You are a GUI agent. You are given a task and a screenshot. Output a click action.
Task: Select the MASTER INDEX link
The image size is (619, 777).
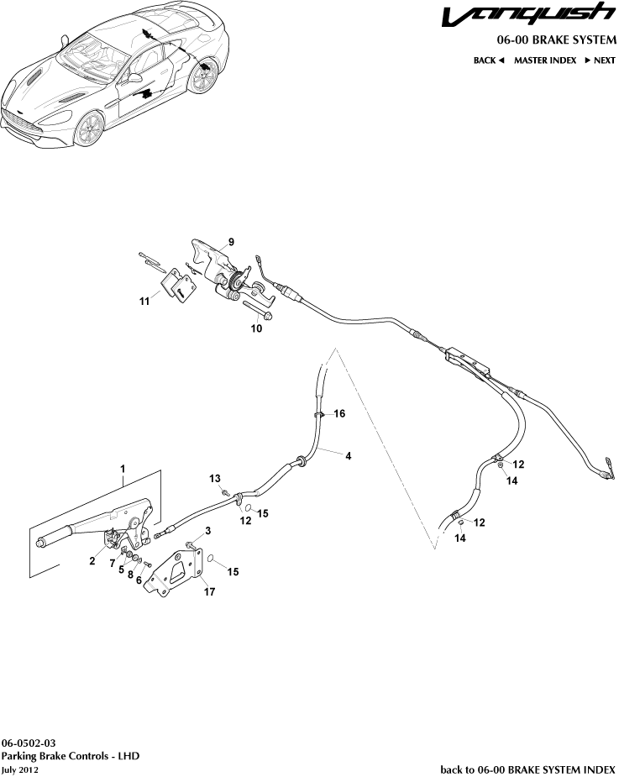[x=544, y=60]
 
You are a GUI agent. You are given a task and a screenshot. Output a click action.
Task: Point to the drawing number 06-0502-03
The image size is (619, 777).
[x=29, y=743]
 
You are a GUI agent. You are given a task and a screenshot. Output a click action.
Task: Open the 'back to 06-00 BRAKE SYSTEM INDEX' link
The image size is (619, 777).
[x=528, y=769]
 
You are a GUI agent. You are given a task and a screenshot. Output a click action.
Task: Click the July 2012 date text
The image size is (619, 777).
[x=20, y=769]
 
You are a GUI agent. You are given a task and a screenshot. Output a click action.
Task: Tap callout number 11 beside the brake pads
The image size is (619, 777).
[x=144, y=300]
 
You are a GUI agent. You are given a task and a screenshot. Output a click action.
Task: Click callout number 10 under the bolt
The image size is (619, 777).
[x=256, y=328]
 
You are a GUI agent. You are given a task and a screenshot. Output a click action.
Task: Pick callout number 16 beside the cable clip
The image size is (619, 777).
[x=339, y=413]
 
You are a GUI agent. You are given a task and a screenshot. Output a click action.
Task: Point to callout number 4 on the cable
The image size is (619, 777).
[x=348, y=455]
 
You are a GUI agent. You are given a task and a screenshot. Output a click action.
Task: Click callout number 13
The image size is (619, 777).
[x=215, y=478]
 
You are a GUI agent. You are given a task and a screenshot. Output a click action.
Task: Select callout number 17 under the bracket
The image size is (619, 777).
[x=209, y=591]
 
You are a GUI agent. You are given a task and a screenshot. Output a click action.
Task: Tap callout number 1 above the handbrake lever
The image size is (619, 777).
[x=123, y=467]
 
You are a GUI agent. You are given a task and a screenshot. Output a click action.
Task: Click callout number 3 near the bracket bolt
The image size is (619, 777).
[x=208, y=530]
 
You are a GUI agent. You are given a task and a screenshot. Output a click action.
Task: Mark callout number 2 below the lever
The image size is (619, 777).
[x=93, y=562]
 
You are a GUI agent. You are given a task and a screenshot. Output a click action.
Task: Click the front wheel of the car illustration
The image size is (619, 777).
[x=88, y=131]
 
